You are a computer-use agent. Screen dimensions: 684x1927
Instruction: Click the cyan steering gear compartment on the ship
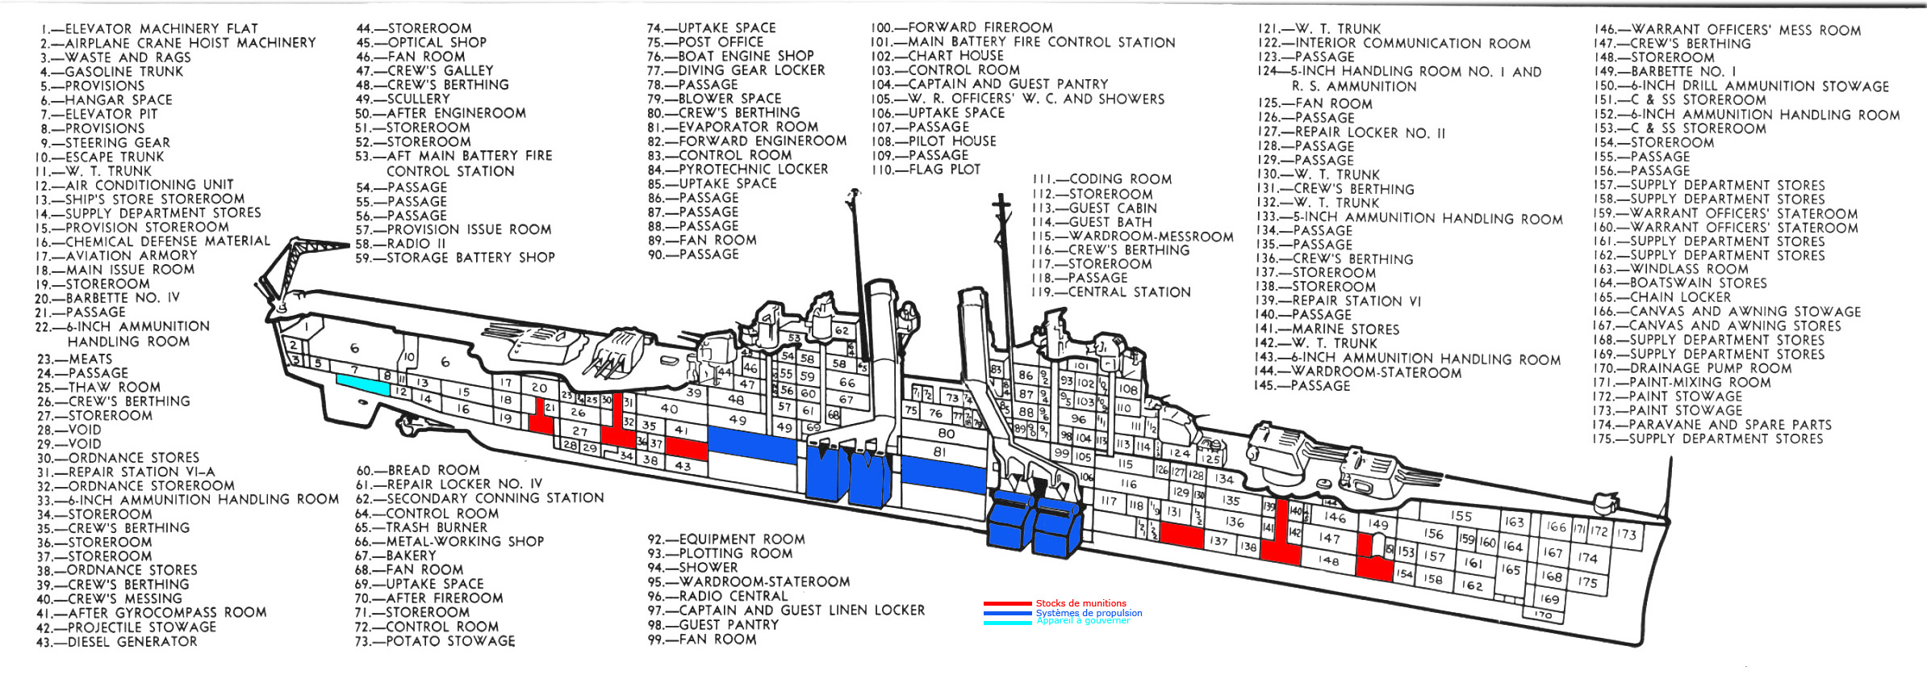tap(363, 384)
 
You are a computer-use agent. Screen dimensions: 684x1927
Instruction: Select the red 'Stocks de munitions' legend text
tap(1081, 603)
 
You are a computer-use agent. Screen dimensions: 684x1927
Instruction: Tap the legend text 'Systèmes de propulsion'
tap(1089, 613)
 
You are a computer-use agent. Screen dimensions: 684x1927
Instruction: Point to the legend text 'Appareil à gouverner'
tap(1083, 621)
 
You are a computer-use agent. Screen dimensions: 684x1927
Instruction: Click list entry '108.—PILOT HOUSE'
tap(934, 141)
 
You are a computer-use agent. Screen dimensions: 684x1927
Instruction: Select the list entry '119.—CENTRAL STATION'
tap(1110, 292)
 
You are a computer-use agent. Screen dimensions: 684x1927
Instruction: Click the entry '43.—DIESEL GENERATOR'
tap(117, 642)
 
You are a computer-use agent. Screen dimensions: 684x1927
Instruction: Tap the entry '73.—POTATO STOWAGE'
tap(435, 641)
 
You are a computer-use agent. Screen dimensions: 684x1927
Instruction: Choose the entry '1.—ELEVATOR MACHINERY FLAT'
tap(149, 29)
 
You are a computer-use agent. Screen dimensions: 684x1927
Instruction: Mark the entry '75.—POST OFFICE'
tap(705, 42)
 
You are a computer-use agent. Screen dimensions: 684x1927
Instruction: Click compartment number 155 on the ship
tap(1461, 515)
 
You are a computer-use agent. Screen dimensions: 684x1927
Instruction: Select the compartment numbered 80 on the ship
tap(946, 434)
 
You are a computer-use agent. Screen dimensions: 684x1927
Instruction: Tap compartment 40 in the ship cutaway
tap(669, 408)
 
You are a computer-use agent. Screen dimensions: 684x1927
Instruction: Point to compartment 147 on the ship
tap(1328, 538)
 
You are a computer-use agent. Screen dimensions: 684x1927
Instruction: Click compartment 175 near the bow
tap(1587, 581)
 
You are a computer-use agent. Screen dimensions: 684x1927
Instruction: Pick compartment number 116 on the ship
tap(1128, 484)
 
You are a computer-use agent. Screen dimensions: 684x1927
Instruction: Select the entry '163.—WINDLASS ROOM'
tap(1670, 269)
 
